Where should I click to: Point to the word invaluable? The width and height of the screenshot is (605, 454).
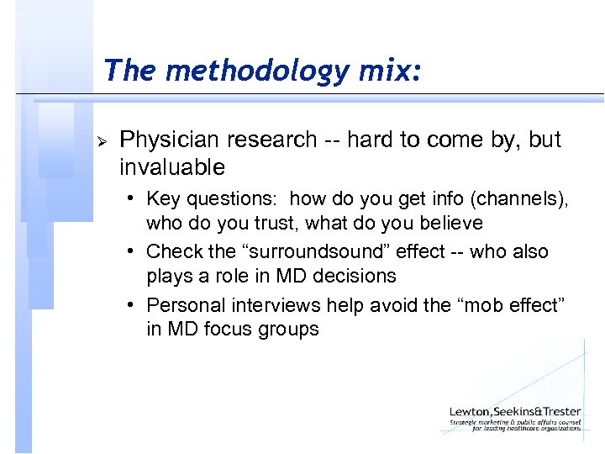point(172,167)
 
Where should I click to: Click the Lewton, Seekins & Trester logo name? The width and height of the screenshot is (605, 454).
point(514,411)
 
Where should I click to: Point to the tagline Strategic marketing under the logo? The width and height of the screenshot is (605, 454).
point(514,422)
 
